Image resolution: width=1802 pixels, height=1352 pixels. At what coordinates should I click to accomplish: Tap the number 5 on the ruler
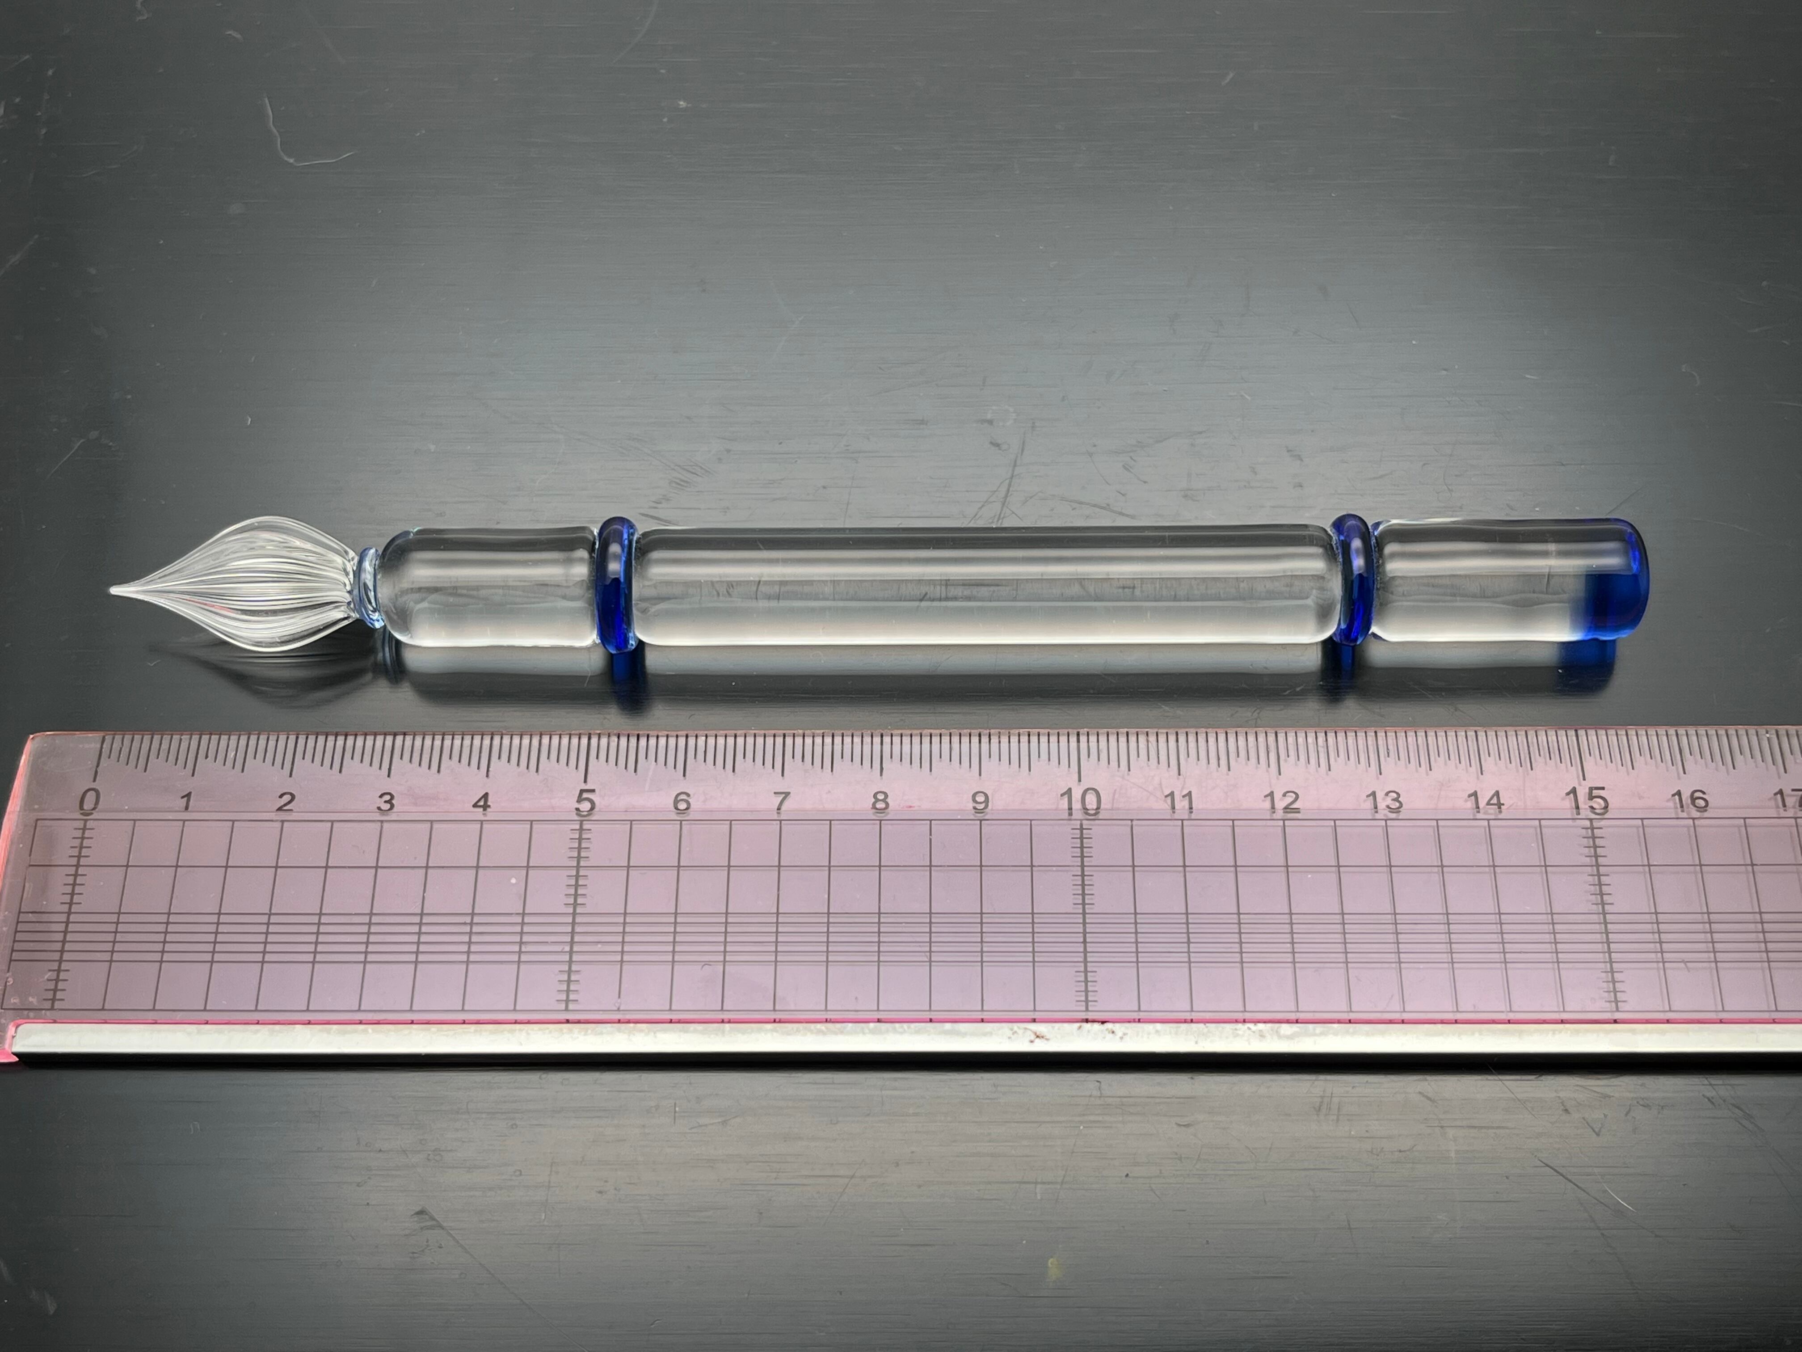click(x=584, y=802)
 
